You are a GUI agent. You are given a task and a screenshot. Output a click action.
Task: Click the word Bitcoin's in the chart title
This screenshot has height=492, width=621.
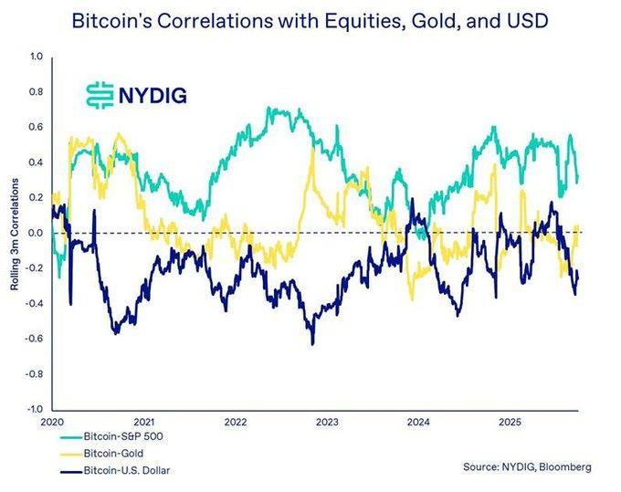pos(111,21)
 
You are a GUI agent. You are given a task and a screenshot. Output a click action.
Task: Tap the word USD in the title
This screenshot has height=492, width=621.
pos(529,21)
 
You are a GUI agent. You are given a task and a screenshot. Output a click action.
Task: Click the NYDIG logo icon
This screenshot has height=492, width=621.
pos(100,96)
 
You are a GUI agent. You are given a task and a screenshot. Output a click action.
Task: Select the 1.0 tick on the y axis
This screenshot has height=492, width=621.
pos(36,57)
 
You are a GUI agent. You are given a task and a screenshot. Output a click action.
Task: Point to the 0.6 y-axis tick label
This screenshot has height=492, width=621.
pos(36,127)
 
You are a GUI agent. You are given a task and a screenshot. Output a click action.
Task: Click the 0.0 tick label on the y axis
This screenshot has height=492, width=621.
pos(36,233)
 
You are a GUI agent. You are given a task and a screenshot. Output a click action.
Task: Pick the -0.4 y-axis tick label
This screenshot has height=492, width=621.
pos(35,304)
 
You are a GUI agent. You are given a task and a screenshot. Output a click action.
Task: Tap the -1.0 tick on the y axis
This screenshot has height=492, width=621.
pos(35,409)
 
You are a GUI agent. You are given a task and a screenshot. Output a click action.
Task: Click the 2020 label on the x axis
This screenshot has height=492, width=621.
pos(52,423)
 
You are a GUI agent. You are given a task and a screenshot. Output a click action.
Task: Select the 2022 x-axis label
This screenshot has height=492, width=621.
pos(236,423)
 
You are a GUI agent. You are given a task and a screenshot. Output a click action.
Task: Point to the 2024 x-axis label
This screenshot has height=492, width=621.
pos(418,423)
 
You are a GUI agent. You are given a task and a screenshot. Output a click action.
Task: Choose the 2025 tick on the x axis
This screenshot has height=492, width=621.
pos(510,423)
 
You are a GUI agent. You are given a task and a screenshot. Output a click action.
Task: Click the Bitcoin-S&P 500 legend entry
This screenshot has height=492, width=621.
pos(111,436)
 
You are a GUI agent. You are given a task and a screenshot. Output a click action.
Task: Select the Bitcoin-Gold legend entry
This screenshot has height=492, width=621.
pos(101,454)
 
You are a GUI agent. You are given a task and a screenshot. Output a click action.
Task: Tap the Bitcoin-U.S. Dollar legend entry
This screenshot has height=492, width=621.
pos(115,471)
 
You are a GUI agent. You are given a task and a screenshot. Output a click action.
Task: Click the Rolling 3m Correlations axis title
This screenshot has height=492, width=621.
pos(15,235)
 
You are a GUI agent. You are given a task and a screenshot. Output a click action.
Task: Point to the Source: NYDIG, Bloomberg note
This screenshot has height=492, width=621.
pos(527,467)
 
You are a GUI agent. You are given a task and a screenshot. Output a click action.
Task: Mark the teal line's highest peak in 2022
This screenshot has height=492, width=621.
pos(268,108)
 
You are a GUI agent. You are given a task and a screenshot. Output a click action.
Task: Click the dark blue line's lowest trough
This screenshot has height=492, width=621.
pos(312,344)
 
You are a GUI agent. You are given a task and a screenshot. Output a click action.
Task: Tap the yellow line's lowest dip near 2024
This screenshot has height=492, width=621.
pos(412,300)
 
